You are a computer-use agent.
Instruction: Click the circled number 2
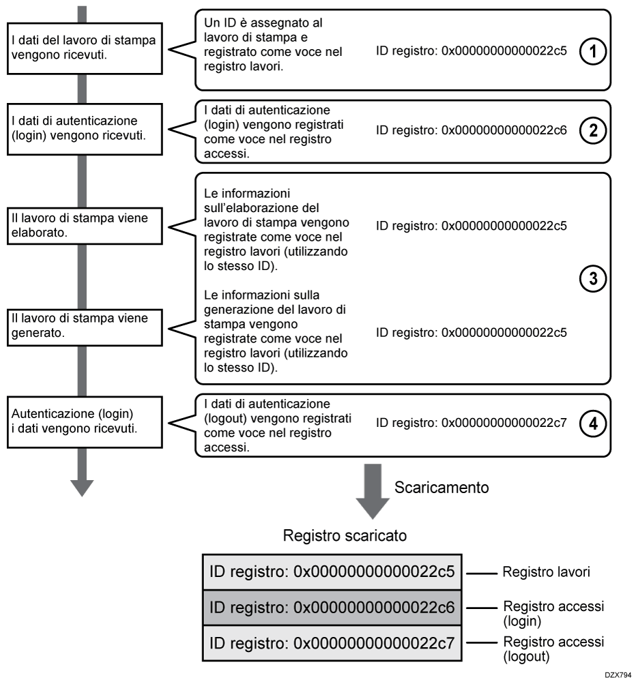point(594,131)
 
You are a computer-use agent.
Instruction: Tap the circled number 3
point(594,280)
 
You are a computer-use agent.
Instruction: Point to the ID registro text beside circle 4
point(472,422)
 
